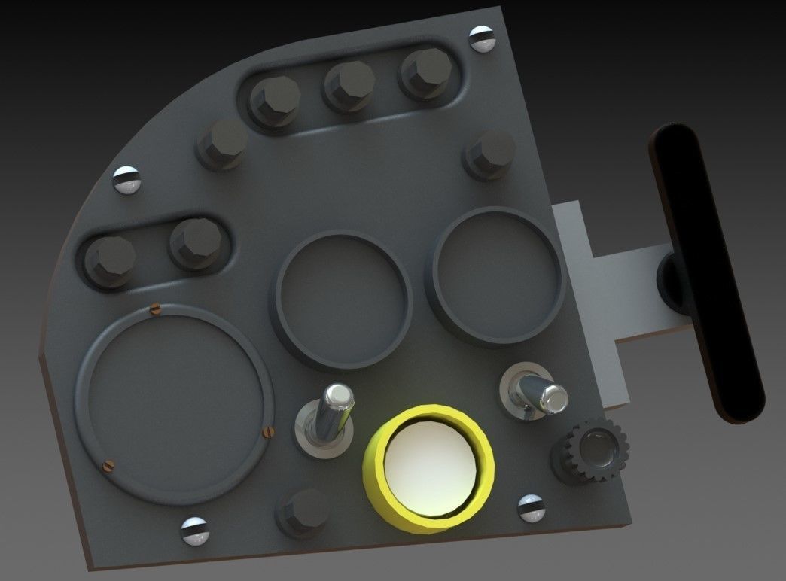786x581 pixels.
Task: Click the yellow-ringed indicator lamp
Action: pyautogui.click(x=429, y=467)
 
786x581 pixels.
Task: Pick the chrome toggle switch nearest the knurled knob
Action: pyautogui.click(x=535, y=390)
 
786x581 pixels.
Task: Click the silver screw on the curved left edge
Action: pyautogui.click(x=126, y=180)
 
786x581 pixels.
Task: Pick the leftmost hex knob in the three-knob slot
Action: pyautogui.click(x=273, y=101)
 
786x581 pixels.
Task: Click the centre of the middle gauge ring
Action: pyautogui.click(x=344, y=300)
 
